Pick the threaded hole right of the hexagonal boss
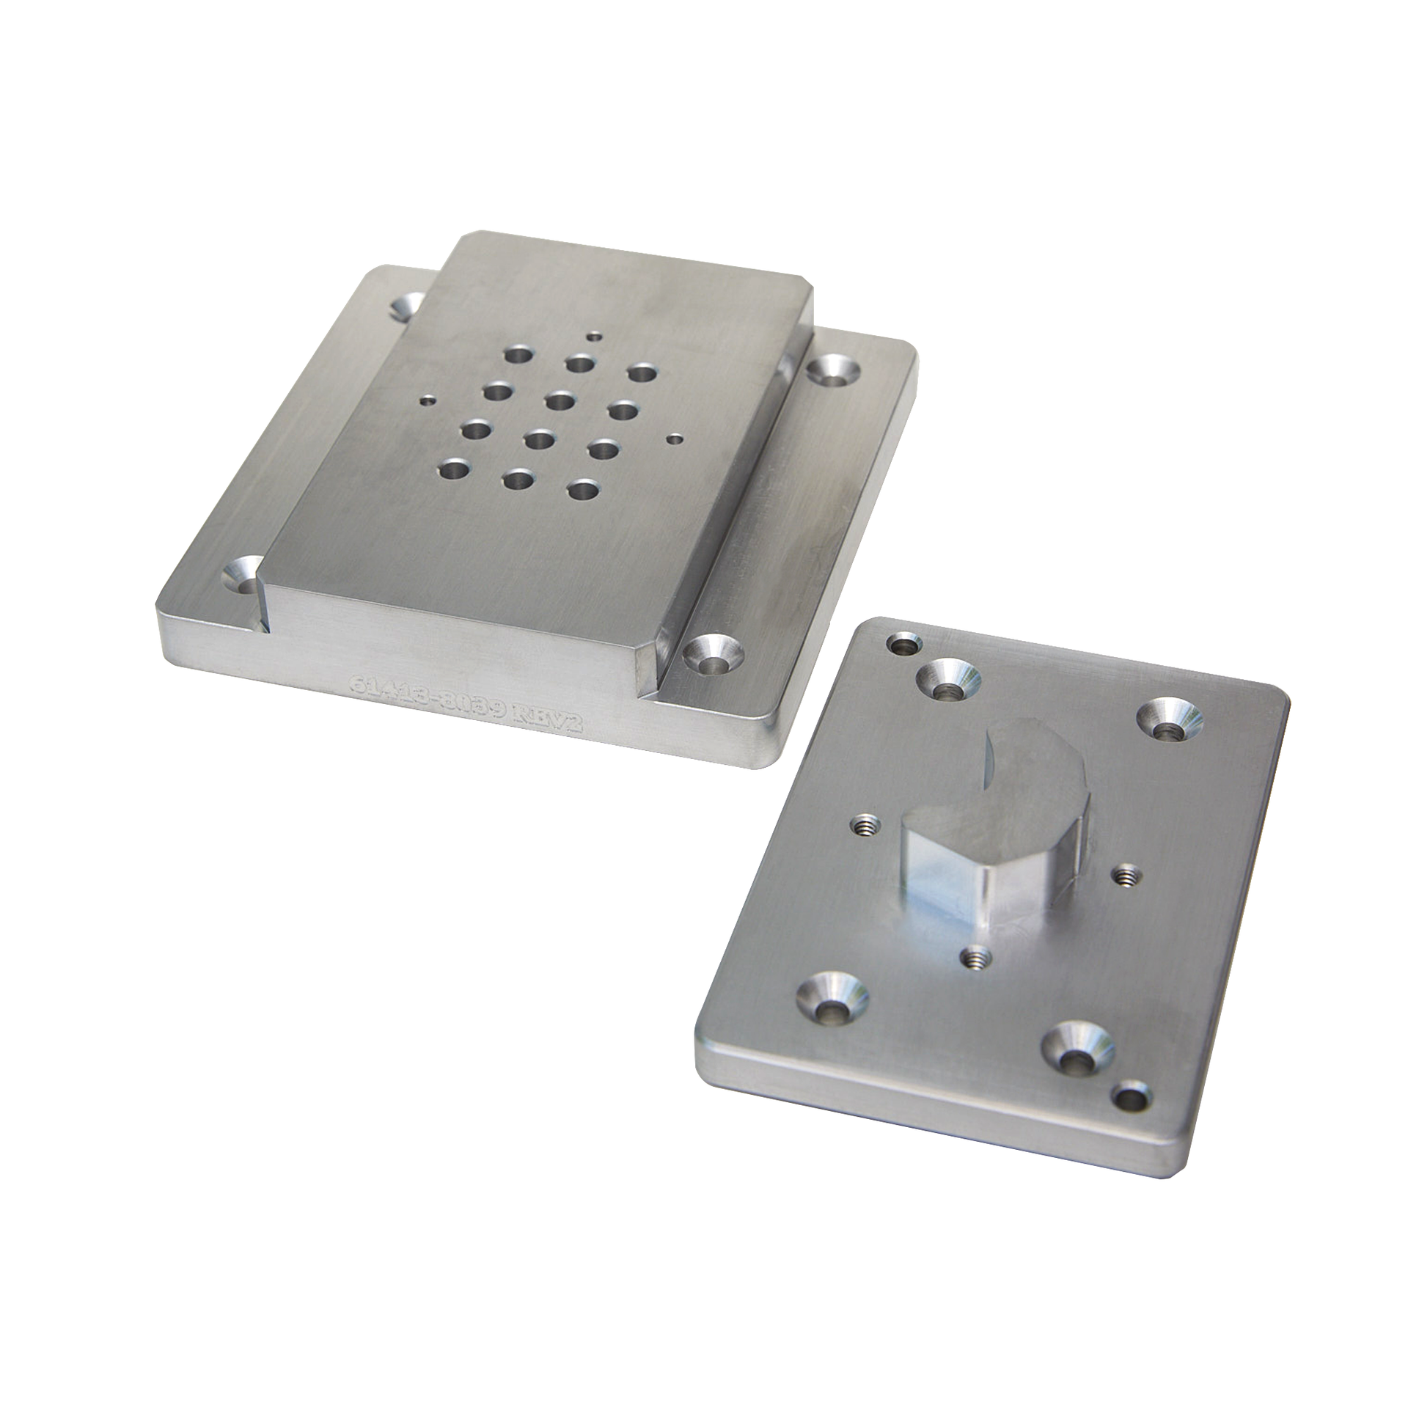1126,873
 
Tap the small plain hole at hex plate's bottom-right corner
1129,1118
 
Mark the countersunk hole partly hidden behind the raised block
408,307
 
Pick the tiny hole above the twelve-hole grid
593,338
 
